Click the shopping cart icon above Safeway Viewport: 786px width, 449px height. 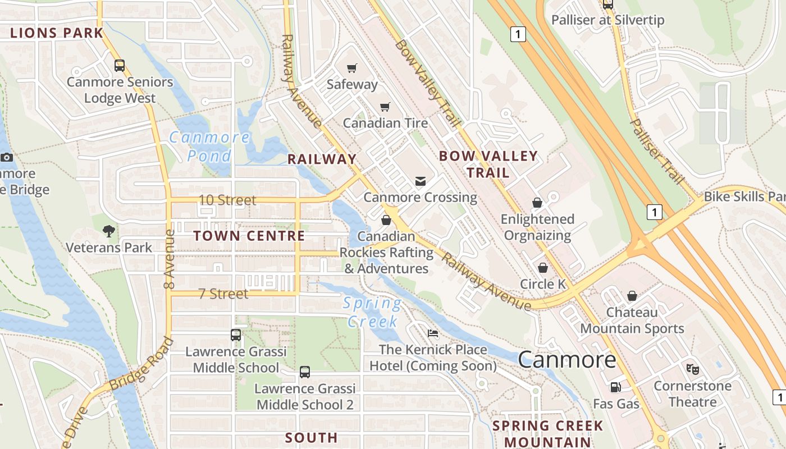(x=352, y=68)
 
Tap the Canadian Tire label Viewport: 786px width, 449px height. (x=385, y=122)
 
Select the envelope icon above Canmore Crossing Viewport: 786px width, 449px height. (x=420, y=181)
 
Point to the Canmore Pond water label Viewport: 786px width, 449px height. (x=209, y=146)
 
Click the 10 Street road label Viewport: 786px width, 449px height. (x=227, y=200)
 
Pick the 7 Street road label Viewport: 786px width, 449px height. (x=223, y=294)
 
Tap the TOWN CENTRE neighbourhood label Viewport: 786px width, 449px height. (x=249, y=236)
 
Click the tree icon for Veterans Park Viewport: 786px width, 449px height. (x=109, y=230)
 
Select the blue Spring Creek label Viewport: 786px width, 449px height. (x=372, y=312)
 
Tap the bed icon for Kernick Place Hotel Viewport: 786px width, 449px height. (x=432, y=333)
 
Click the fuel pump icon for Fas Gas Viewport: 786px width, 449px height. (x=616, y=387)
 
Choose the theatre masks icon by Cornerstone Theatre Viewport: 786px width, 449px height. (x=693, y=369)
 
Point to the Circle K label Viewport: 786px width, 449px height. (x=543, y=284)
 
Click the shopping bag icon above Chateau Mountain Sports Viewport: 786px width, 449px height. (x=632, y=295)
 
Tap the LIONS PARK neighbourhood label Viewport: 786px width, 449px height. (x=57, y=33)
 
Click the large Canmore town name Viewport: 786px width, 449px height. (x=567, y=359)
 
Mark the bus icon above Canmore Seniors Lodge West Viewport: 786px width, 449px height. (x=120, y=65)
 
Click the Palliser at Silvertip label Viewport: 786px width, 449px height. (x=607, y=20)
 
